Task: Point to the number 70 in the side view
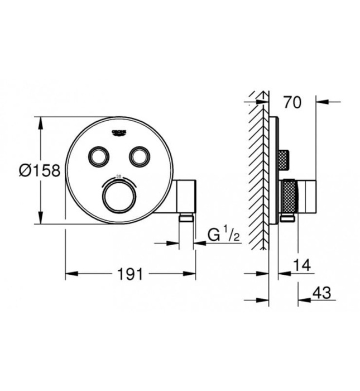coord(292,102)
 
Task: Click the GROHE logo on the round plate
coord(119,132)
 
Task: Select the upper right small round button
coord(138,156)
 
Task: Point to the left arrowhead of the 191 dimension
coord(70,274)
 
